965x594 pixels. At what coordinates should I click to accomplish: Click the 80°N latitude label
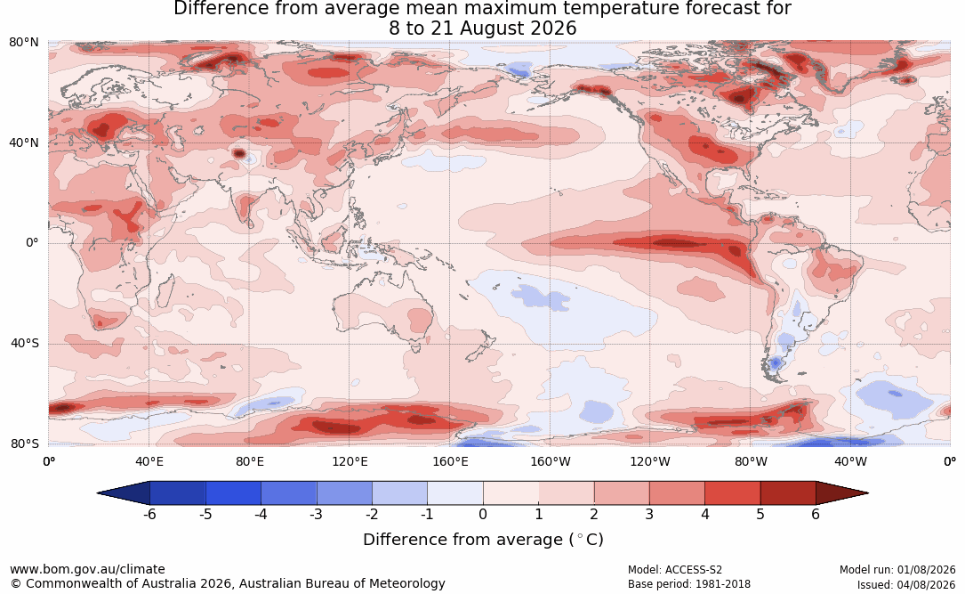tap(23, 43)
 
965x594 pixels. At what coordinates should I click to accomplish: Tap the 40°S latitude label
tap(24, 343)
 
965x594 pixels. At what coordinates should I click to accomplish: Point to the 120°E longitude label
tap(350, 461)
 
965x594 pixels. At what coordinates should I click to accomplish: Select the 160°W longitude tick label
tap(551, 461)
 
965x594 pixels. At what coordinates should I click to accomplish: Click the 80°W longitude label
tap(751, 461)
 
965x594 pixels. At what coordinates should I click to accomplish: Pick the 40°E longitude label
tap(149, 461)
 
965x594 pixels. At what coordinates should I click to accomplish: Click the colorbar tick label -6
tap(149, 514)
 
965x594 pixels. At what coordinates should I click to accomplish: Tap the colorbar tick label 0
tap(483, 514)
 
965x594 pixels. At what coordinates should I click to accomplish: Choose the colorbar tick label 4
tap(704, 514)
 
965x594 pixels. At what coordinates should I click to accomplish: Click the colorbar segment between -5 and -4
tap(233, 493)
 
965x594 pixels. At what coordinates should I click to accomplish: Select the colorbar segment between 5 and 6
tap(788, 493)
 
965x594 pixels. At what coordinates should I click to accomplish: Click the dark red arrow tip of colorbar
tap(868, 493)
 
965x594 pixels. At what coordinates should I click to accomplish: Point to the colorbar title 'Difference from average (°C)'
tap(483, 540)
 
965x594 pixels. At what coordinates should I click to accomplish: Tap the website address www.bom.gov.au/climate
tap(87, 569)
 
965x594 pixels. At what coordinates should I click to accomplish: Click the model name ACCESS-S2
tap(694, 570)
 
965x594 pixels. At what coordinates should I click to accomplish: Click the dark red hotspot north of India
tap(238, 153)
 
